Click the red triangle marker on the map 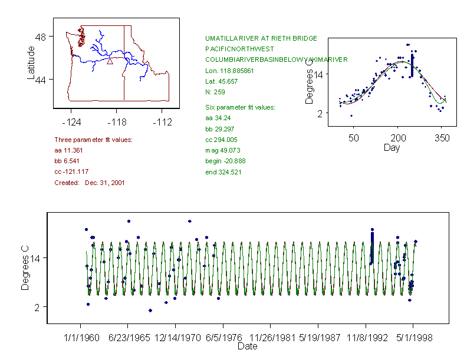click(110, 60)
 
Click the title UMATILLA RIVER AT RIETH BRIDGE click(261, 38)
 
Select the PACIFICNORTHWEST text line click(238, 49)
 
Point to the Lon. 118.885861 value click(229, 71)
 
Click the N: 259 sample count click(215, 92)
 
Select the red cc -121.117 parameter click(71, 171)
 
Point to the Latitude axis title click(31, 62)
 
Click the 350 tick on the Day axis click(442, 138)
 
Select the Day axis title click(392, 147)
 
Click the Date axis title click(247, 346)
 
